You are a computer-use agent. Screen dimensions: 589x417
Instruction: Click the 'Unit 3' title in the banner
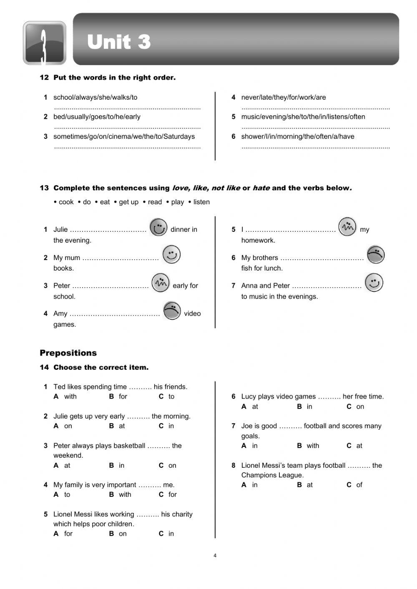click(119, 42)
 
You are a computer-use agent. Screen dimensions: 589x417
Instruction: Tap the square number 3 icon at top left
click(44, 43)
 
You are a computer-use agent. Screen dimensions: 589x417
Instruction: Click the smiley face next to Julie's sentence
click(158, 228)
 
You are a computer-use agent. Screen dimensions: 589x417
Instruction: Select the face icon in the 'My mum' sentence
click(171, 255)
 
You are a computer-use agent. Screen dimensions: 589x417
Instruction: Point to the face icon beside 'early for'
click(160, 283)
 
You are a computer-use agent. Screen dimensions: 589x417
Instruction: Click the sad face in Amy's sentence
click(172, 311)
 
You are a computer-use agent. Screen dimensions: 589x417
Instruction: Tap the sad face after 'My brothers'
click(375, 255)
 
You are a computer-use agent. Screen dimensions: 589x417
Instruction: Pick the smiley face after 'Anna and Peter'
click(374, 283)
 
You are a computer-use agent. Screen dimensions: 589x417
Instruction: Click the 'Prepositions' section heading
click(68, 353)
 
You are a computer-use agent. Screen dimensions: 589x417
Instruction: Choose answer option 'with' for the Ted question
click(70, 396)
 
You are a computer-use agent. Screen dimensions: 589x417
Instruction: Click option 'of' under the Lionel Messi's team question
click(359, 485)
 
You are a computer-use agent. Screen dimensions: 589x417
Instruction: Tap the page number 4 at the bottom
click(215, 555)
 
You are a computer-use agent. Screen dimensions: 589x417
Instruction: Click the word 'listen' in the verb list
click(201, 202)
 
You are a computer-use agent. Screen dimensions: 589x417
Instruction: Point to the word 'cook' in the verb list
click(66, 202)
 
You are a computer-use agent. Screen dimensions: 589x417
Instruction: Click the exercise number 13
click(44, 188)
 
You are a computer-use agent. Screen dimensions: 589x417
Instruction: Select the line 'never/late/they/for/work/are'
click(284, 97)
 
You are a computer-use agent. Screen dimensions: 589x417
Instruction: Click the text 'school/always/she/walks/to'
click(95, 97)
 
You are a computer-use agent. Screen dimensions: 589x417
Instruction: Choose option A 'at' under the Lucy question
click(255, 406)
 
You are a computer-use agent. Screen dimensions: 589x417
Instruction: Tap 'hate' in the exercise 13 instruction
click(261, 188)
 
